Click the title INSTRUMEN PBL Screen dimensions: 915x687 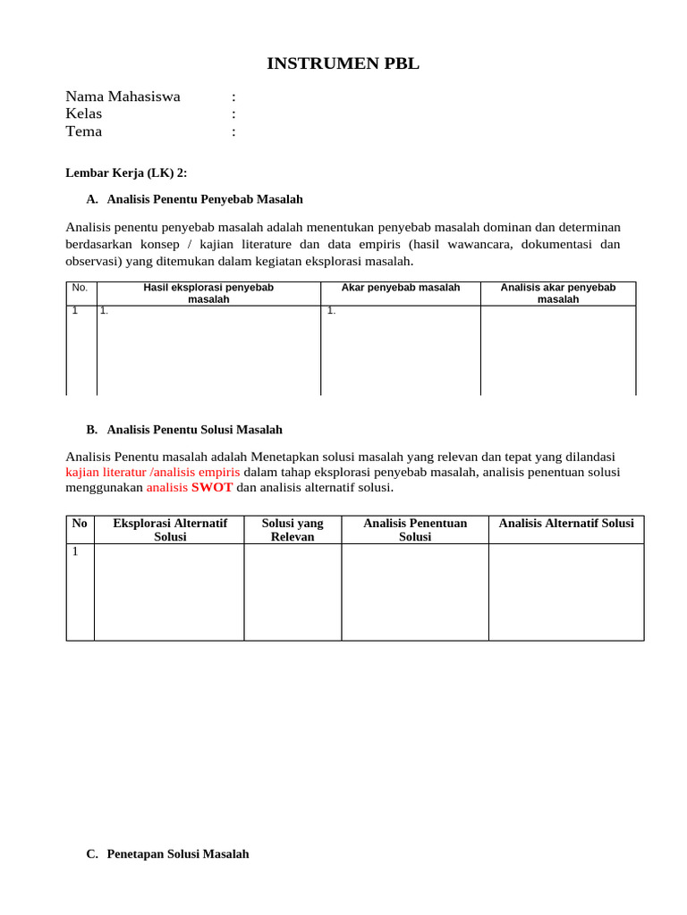click(343, 63)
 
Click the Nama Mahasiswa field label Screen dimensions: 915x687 click(123, 97)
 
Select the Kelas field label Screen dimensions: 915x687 click(84, 113)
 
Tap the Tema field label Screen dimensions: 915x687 click(84, 131)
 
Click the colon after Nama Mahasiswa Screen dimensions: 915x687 click(233, 97)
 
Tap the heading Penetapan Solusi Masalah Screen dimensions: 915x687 click(177, 854)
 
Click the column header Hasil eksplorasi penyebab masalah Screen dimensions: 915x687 click(208, 293)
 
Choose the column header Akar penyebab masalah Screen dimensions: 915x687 click(401, 288)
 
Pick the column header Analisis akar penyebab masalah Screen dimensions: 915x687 click(558, 293)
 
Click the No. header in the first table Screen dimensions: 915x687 click(80, 288)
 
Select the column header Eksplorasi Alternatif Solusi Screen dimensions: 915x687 click(170, 530)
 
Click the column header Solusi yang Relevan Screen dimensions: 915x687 click(293, 530)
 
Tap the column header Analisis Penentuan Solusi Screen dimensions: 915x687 click(415, 530)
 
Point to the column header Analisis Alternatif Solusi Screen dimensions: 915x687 click(565, 524)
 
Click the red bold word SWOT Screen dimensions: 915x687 click(212, 488)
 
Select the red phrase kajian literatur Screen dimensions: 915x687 click(106, 472)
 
